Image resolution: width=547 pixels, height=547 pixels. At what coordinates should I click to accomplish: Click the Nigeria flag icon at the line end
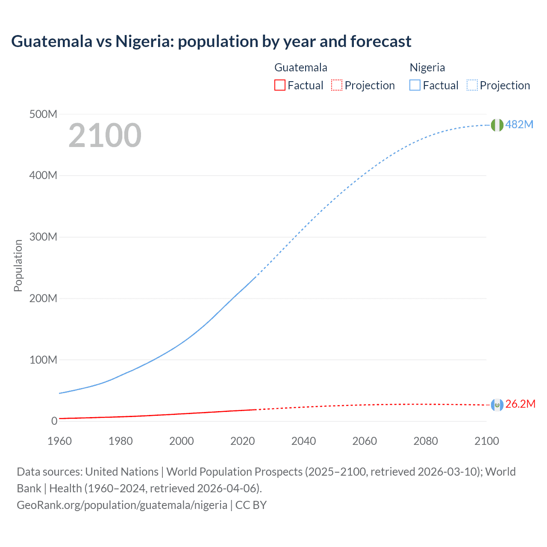[x=497, y=125]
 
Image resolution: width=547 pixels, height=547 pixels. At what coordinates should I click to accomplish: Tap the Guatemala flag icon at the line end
[x=497, y=405]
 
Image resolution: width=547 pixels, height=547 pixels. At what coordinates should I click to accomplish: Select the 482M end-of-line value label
[x=519, y=124]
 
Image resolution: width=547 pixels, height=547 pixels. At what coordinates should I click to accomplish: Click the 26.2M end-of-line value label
[x=520, y=404]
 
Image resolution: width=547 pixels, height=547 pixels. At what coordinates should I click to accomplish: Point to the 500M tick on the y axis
[x=43, y=115]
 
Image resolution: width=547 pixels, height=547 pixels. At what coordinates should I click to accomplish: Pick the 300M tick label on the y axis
[x=43, y=237]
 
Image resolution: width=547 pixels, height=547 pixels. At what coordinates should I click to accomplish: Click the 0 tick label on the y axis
[x=54, y=421]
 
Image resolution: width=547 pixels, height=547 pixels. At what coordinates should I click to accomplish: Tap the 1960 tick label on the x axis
[x=59, y=441]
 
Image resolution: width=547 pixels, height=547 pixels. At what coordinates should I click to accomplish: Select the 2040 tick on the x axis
[x=303, y=441]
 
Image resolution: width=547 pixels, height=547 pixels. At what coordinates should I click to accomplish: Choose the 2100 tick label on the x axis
[x=486, y=441]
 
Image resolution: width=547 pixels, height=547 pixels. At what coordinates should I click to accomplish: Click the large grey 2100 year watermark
[x=105, y=135]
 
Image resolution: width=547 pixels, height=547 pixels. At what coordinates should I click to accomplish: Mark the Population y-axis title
[x=18, y=265]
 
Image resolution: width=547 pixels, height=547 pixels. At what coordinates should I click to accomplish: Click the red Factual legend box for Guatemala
[x=279, y=85]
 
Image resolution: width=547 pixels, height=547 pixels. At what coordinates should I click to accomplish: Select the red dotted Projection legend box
[x=337, y=85]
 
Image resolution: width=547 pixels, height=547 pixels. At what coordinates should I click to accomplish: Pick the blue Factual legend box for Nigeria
[x=415, y=85]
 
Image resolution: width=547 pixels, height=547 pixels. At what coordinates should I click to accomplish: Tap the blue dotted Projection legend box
[x=472, y=85]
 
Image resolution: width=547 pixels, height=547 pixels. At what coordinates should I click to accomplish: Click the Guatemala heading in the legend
[x=301, y=68]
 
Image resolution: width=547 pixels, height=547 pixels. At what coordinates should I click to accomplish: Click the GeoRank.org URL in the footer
[x=122, y=505]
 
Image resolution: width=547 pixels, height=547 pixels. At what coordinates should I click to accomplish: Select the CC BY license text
[x=251, y=505]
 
